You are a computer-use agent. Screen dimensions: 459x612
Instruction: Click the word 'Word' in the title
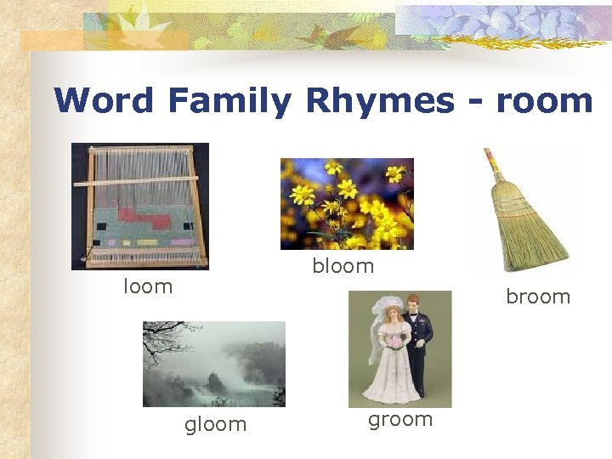[104, 101]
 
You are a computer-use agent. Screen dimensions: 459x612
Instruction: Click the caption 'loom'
[148, 286]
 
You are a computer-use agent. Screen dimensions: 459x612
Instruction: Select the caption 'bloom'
[343, 266]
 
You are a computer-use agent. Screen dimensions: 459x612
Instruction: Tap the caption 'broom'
[538, 297]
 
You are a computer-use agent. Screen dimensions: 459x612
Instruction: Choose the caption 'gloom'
[216, 424]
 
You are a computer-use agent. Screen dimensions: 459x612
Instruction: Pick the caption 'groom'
[400, 419]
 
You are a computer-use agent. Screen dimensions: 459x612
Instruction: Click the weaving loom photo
[140, 206]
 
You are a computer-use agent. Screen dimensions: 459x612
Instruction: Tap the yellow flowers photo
[347, 204]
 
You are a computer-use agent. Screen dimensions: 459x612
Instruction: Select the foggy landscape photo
[214, 364]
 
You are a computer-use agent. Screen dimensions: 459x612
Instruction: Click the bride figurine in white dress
[391, 357]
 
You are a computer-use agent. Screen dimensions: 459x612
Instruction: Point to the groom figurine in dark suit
[418, 340]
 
